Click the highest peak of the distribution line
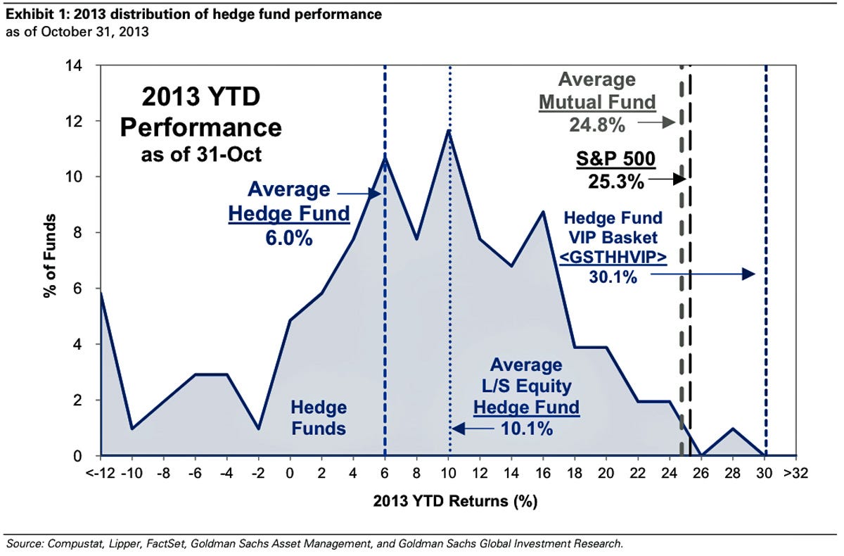click(x=448, y=130)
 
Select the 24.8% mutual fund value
click(x=596, y=125)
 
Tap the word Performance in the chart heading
click(x=201, y=128)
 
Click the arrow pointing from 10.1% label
click(x=461, y=427)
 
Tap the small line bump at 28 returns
click(x=733, y=428)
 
